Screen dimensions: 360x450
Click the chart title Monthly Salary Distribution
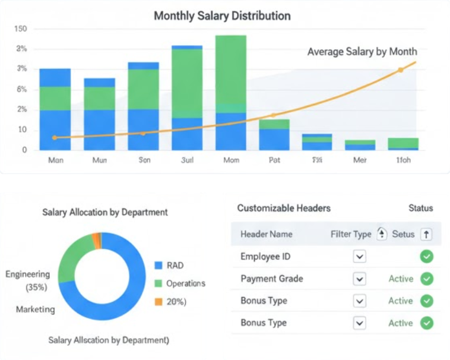(x=222, y=16)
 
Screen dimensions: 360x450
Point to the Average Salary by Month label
(x=362, y=52)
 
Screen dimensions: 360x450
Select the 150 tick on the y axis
(x=21, y=29)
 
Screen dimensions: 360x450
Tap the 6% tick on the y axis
(x=21, y=89)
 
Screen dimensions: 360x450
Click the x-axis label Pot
(x=274, y=160)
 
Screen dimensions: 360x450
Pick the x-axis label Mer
(x=360, y=160)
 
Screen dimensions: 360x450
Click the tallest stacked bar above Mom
(x=230, y=92)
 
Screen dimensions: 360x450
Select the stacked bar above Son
(x=143, y=106)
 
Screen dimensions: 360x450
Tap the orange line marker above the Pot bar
(x=274, y=115)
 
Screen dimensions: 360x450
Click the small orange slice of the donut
(x=96, y=239)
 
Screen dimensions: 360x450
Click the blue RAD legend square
(x=158, y=266)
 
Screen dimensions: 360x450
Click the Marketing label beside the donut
(x=35, y=309)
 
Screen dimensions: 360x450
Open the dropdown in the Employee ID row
(x=359, y=257)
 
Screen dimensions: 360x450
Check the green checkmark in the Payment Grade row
(x=426, y=279)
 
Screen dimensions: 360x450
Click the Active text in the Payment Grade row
(x=400, y=279)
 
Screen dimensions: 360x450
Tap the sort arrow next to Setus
(x=426, y=234)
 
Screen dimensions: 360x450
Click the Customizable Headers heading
(x=284, y=208)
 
